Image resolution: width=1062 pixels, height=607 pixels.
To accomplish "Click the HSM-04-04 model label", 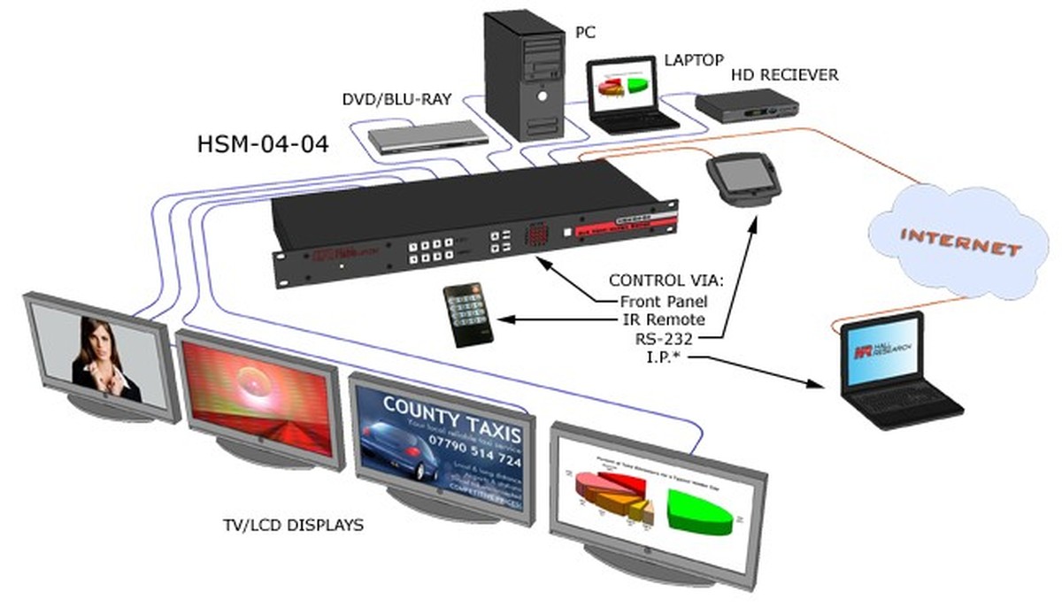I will tap(263, 143).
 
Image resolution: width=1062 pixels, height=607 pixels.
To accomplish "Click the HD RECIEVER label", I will tap(784, 75).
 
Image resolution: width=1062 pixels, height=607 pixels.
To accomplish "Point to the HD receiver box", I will tap(747, 106).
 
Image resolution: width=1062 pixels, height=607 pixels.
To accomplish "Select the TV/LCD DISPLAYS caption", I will tap(293, 525).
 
